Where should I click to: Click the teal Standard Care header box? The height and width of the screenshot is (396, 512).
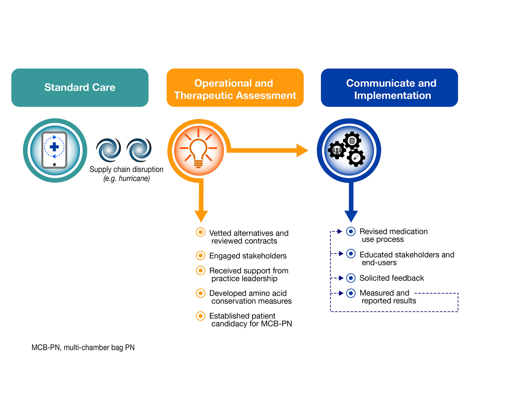coord(80,88)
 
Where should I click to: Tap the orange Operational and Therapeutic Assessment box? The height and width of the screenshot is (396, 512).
coord(235,88)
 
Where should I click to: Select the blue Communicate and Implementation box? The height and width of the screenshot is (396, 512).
coord(389,88)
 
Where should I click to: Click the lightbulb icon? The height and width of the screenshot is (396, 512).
coord(198,151)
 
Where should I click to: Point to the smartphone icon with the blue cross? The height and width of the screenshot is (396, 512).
coord(54,150)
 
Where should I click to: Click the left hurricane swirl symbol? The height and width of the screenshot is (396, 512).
coord(109,150)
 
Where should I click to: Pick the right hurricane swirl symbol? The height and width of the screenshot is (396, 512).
coord(139,150)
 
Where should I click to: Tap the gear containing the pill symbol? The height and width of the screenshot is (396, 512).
coord(356,158)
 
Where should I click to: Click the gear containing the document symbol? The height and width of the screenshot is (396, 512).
coord(352,140)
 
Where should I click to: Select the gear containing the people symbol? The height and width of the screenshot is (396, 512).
coord(337,150)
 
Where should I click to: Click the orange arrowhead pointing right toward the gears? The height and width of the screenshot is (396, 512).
coord(302,151)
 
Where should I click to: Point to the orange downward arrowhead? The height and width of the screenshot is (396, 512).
coord(201,216)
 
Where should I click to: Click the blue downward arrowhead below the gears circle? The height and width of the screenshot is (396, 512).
coord(351,216)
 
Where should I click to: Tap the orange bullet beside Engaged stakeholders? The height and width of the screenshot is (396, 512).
coord(201,256)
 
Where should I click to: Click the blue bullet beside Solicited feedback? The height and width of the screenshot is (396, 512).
coord(351,278)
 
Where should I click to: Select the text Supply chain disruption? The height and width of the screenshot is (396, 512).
coord(126,169)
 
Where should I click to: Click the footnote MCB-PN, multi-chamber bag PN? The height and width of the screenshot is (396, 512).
coord(83,347)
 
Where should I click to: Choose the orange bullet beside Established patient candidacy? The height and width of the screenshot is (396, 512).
coord(201,316)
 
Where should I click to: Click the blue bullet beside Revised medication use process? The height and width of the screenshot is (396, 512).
coord(351,231)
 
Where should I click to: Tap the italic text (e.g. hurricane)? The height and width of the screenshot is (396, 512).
coord(126,178)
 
